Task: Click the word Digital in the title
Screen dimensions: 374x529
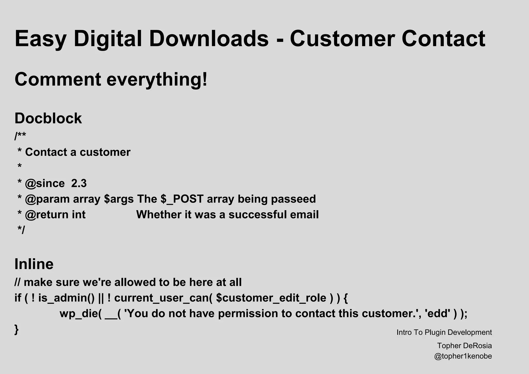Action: click(x=108, y=39)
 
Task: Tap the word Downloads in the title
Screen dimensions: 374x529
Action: click(x=208, y=39)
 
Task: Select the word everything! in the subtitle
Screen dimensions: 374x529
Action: click(x=157, y=79)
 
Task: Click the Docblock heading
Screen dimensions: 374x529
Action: click(x=48, y=118)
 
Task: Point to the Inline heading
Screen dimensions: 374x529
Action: click(x=34, y=264)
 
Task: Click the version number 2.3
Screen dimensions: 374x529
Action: click(x=79, y=183)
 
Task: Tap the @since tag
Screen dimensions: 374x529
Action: click(x=45, y=183)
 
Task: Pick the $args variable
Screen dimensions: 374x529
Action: click(x=119, y=199)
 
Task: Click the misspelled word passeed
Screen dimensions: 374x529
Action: click(x=293, y=199)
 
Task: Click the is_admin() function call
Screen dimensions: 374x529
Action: click(x=67, y=298)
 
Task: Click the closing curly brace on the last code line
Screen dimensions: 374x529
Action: click(x=17, y=330)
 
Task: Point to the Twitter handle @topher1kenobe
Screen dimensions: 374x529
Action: click(x=463, y=356)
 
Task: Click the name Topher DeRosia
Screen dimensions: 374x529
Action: click(x=464, y=346)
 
